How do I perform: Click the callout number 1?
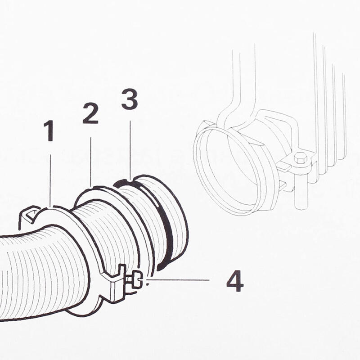click(49, 131)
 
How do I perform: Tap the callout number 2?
click(90, 113)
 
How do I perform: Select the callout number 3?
click(130, 99)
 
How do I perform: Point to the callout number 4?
click(234, 281)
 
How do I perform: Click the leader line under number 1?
click(50, 180)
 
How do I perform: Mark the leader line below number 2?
click(91, 162)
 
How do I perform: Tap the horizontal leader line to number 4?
click(180, 280)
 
